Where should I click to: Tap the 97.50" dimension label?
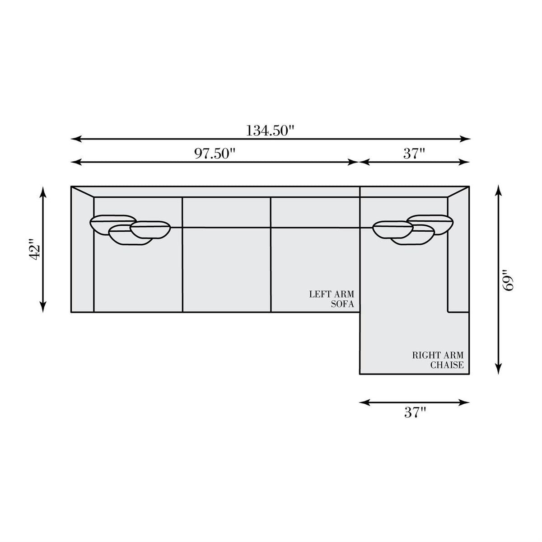pos(215,154)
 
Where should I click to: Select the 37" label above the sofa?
pos(414,154)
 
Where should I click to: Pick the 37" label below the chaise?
pos(415,412)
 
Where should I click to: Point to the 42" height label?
pos(36,249)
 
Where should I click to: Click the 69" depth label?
pos(508,280)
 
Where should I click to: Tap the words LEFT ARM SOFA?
pos(332,299)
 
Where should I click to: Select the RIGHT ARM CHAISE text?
pos(438,360)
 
